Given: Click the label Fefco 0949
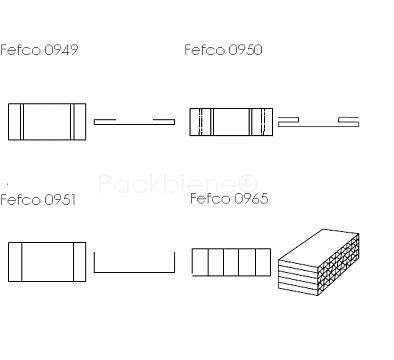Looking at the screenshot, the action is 39,50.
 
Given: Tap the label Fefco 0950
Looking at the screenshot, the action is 223,50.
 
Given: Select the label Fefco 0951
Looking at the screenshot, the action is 38,200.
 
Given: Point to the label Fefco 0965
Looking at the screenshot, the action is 229,198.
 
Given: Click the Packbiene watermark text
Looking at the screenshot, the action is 178,183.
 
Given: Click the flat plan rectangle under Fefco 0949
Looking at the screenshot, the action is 47,122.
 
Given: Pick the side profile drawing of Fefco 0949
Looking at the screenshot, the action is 134,122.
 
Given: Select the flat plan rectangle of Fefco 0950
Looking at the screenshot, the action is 231,122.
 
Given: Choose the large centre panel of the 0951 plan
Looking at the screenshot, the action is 48,262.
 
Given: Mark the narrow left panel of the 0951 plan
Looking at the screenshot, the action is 15,262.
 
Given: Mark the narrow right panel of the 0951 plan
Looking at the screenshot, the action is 80,262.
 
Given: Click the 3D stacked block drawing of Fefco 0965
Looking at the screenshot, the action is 319,262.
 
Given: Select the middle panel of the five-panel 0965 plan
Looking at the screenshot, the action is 231,262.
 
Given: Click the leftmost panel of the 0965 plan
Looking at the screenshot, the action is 200,262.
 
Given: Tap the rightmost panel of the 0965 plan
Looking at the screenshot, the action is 263,262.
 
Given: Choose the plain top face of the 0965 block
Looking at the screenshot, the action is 318,244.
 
